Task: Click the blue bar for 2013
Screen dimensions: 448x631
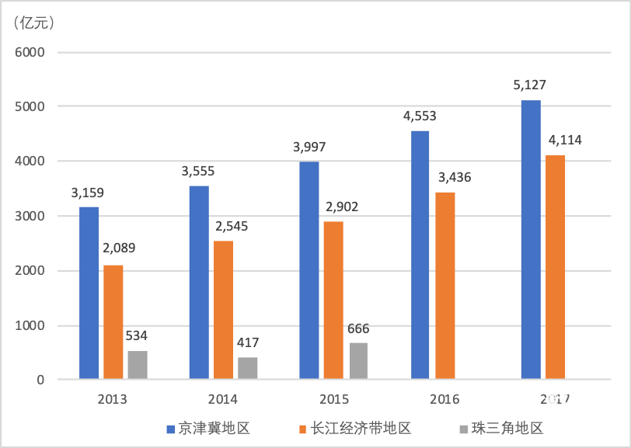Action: pyautogui.click(x=89, y=293)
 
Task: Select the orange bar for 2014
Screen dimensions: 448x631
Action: pyautogui.click(x=223, y=311)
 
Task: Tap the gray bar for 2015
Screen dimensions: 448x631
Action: pyautogui.click(x=357, y=361)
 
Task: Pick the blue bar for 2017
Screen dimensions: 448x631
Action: pyautogui.click(x=531, y=240)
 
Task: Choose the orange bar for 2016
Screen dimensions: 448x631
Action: pyautogui.click(x=444, y=286)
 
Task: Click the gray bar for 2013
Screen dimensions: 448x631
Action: pyautogui.click(x=137, y=365)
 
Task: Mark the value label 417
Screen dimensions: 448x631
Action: pyautogui.click(x=247, y=342)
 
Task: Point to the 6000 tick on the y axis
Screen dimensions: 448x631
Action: pyautogui.click(x=31, y=52)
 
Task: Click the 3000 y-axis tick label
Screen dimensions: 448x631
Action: pyautogui.click(x=31, y=216)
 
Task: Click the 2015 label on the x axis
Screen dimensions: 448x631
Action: pyautogui.click(x=333, y=399)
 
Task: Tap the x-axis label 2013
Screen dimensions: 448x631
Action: pyautogui.click(x=113, y=399)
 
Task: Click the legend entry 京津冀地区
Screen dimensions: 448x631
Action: pyautogui.click(x=207, y=428)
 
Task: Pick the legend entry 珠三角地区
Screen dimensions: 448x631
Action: pyautogui.click(x=500, y=428)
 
